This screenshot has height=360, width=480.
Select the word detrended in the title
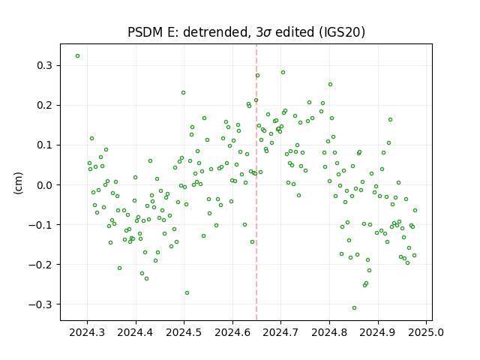tap(215, 32)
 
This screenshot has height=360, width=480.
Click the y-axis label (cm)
tap(18, 183)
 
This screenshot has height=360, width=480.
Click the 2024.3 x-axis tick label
tap(87, 332)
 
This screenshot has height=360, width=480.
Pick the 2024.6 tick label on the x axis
tap(232, 332)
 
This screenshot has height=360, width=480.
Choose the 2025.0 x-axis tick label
tap(426, 332)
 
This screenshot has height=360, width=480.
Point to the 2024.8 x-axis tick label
tap(329, 332)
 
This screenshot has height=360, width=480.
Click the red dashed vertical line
tap(256, 182)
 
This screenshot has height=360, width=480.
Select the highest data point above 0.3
tap(78, 56)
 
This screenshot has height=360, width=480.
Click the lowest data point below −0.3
tap(354, 308)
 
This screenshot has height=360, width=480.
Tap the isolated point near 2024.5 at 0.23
tap(183, 93)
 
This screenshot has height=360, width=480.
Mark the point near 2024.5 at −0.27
tap(187, 293)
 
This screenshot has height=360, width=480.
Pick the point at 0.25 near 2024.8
tap(330, 85)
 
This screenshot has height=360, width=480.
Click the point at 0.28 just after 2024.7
tap(283, 73)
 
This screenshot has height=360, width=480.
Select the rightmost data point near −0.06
tap(415, 210)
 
